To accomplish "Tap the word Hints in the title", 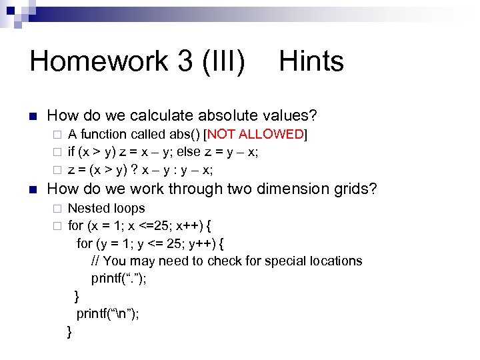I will pyautogui.click(x=311, y=61).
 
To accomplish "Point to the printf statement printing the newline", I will pyautogui.click(x=108, y=314).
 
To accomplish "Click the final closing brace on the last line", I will pyautogui.click(x=69, y=331).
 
